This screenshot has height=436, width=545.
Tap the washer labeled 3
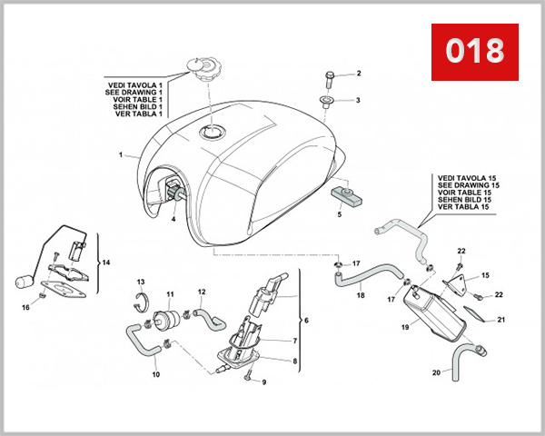pyautogui.click(x=326, y=101)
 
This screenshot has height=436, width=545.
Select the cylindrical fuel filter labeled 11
pyautogui.click(x=166, y=322)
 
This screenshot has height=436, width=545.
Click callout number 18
pyautogui.click(x=360, y=295)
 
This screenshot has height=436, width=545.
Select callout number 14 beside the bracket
pyautogui.click(x=105, y=263)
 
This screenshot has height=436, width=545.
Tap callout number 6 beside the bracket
pyautogui.click(x=305, y=321)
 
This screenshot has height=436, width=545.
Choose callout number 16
pyautogui.click(x=25, y=308)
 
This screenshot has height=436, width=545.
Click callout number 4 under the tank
pyautogui.click(x=173, y=219)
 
